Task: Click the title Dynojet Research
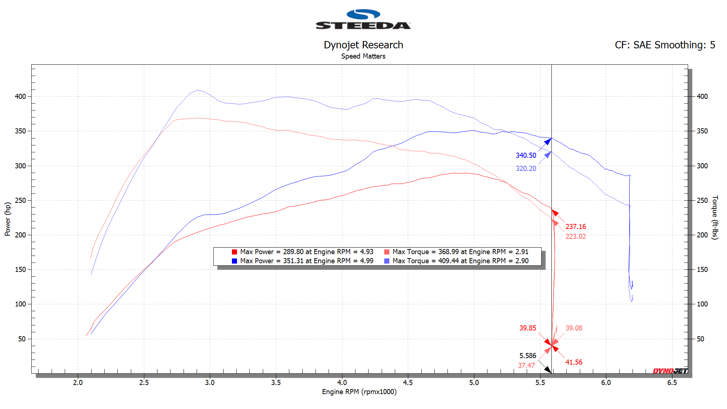tap(363, 45)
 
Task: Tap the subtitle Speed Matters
tap(363, 56)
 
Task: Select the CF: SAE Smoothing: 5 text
tap(665, 45)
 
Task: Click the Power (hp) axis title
tap(8, 219)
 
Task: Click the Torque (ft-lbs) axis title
tap(715, 217)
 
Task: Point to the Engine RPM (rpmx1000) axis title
tap(359, 392)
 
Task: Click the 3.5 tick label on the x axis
tap(276, 382)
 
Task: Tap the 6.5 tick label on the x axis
tap(672, 382)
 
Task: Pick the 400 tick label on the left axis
tap(20, 97)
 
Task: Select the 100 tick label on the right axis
tap(702, 304)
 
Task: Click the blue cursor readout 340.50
tap(526, 156)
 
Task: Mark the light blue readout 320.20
tap(526, 169)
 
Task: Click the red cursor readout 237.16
tap(576, 227)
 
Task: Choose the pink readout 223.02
tap(576, 237)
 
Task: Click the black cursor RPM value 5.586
tap(527, 356)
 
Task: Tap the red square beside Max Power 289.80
tap(234, 252)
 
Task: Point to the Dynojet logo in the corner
tap(670, 371)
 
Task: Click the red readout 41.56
tap(574, 362)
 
